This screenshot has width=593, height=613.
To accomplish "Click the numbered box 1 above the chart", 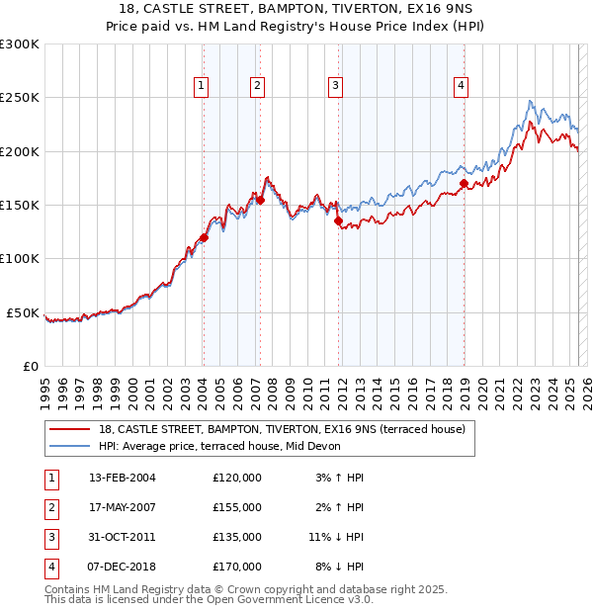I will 202,87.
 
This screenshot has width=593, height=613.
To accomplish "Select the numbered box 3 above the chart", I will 336,87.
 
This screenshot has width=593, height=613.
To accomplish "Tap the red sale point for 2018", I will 464,183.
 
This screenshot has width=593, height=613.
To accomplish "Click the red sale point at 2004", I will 204,237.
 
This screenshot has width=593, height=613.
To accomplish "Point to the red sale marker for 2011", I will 338,221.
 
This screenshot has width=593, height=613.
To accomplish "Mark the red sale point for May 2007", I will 260,200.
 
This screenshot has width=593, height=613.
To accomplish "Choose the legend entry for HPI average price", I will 219,446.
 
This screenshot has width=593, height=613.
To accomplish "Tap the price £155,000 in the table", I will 237,507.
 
